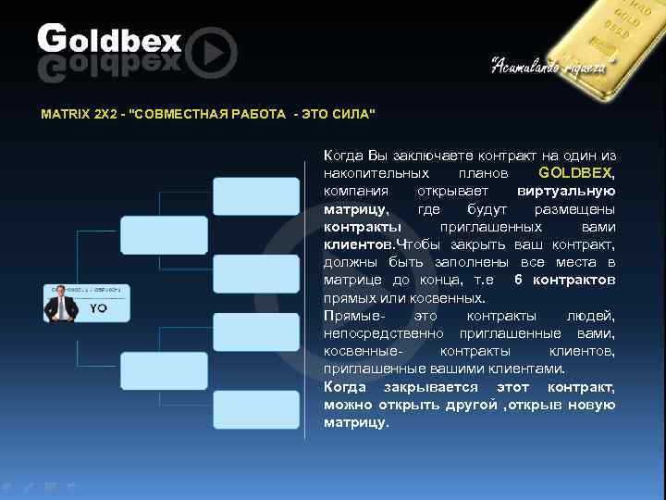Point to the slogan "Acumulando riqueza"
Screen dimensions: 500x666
[549, 66]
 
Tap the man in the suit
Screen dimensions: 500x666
[63, 305]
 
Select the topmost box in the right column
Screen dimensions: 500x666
[256, 196]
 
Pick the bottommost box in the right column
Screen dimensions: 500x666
[256, 409]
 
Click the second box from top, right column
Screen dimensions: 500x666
[256, 273]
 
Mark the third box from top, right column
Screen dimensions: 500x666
[256, 332]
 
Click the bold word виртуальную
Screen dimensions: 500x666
[566, 191]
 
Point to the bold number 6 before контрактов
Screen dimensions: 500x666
[518, 280]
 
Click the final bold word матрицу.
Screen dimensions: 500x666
[356, 422]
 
